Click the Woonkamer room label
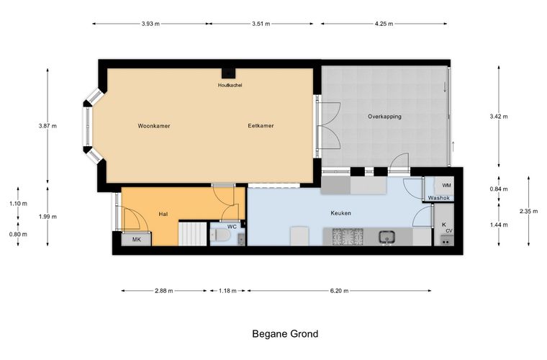click(x=154, y=126)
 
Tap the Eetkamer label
click(x=261, y=125)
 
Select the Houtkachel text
click(x=230, y=85)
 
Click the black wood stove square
click(x=228, y=73)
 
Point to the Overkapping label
click(x=384, y=117)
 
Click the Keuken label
click(x=341, y=213)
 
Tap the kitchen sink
click(x=387, y=237)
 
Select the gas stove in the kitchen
click(x=348, y=237)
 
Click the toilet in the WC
click(x=220, y=235)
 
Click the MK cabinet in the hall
click(x=137, y=239)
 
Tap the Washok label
click(x=439, y=198)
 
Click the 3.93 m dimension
click(x=150, y=24)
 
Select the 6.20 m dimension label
click(x=339, y=291)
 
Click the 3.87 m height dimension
click(x=48, y=126)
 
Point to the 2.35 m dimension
click(x=528, y=211)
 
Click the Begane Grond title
click(x=285, y=334)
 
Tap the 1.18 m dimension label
click(x=227, y=291)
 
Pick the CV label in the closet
click(x=449, y=230)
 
